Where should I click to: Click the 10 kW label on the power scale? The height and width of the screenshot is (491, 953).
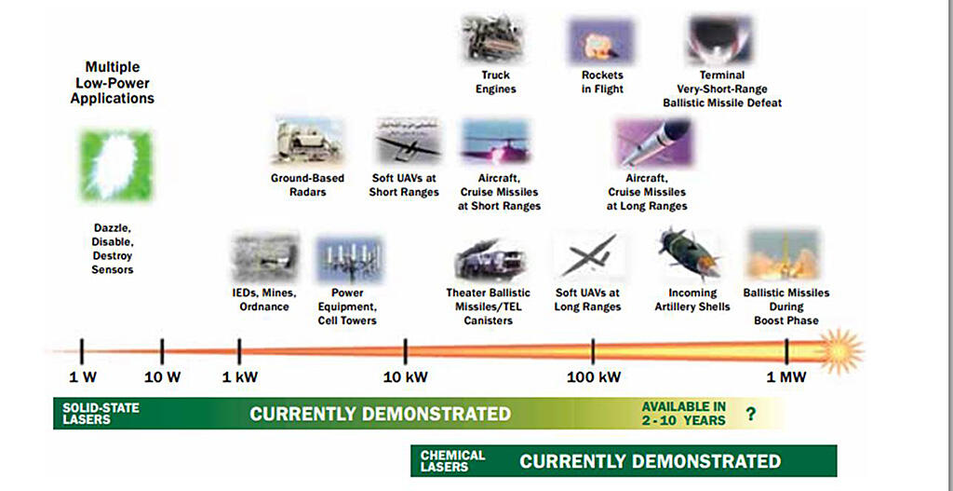click(x=406, y=377)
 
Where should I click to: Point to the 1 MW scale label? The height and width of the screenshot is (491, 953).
click(x=785, y=377)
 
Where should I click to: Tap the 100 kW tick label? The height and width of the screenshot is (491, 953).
click(x=594, y=377)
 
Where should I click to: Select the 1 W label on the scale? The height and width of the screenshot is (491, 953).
click(x=83, y=377)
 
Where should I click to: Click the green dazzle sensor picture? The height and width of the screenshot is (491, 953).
click(x=116, y=166)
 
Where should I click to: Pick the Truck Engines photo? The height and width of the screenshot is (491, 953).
click(x=491, y=38)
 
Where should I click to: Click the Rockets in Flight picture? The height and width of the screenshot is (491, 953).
click(x=600, y=41)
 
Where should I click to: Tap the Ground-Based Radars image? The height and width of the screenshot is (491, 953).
click(x=307, y=142)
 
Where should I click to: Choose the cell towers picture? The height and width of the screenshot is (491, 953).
click(x=350, y=259)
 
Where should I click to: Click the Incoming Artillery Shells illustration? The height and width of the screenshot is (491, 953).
click(x=690, y=253)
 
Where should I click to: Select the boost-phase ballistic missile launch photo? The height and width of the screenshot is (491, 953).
click(x=784, y=254)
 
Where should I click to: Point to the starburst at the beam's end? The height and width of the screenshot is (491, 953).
click(x=840, y=351)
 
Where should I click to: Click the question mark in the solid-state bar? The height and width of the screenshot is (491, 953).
click(x=751, y=415)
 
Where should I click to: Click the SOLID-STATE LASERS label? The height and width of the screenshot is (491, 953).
click(x=101, y=414)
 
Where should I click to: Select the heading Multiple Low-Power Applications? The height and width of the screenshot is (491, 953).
click(x=113, y=83)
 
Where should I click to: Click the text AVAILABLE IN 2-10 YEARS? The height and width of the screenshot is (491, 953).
click(x=684, y=414)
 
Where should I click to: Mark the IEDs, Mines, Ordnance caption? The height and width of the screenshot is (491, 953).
click(x=264, y=300)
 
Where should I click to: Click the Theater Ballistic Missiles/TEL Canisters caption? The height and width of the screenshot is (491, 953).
click(x=489, y=307)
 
